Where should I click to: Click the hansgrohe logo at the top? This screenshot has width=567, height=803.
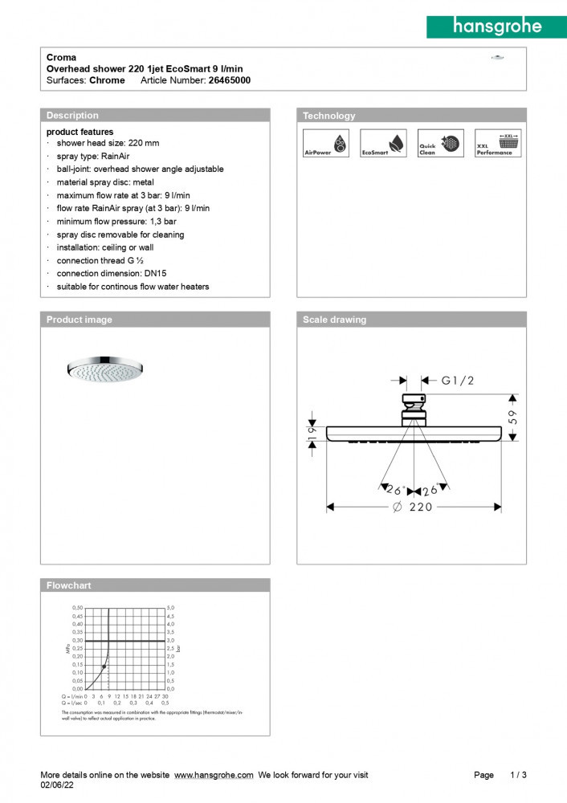click(496, 26)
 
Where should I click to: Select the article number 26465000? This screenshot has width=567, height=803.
click(230, 80)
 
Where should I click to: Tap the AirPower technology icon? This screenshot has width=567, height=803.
click(325, 143)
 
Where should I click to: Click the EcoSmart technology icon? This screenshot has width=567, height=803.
click(383, 143)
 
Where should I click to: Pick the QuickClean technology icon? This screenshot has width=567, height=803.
click(440, 143)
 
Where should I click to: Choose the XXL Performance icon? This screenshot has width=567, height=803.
click(498, 143)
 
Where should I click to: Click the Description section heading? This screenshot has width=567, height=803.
click(72, 116)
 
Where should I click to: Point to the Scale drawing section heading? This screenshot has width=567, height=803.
click(334, 320)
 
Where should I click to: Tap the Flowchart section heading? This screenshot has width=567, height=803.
click(68, 585)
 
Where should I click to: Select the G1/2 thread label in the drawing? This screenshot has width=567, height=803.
click(458, 381)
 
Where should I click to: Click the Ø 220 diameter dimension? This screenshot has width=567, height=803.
click(413, 507)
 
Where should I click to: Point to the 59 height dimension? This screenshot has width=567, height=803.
click(513, 417)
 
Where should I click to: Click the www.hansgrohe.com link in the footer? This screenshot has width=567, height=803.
click(214, 775)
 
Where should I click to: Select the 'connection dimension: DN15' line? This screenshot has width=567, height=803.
click(112, 274)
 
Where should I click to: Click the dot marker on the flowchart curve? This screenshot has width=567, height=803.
click(104, 667)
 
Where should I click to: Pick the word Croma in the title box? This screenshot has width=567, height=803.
click(61, 58)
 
